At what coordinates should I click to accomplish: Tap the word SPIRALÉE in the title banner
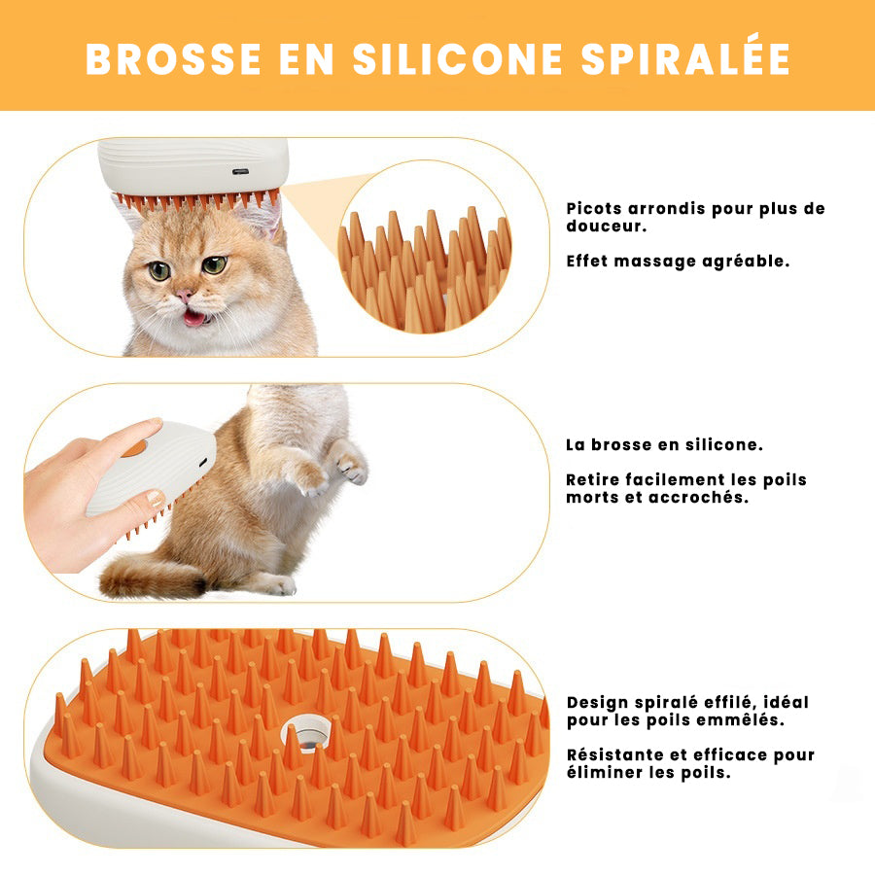point(685,58)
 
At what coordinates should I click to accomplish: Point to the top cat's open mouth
point(195,318)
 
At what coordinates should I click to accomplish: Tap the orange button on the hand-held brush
point(134,448)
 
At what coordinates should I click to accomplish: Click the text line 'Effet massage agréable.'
point(677,262)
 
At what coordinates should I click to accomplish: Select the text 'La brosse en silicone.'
point(664,445)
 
